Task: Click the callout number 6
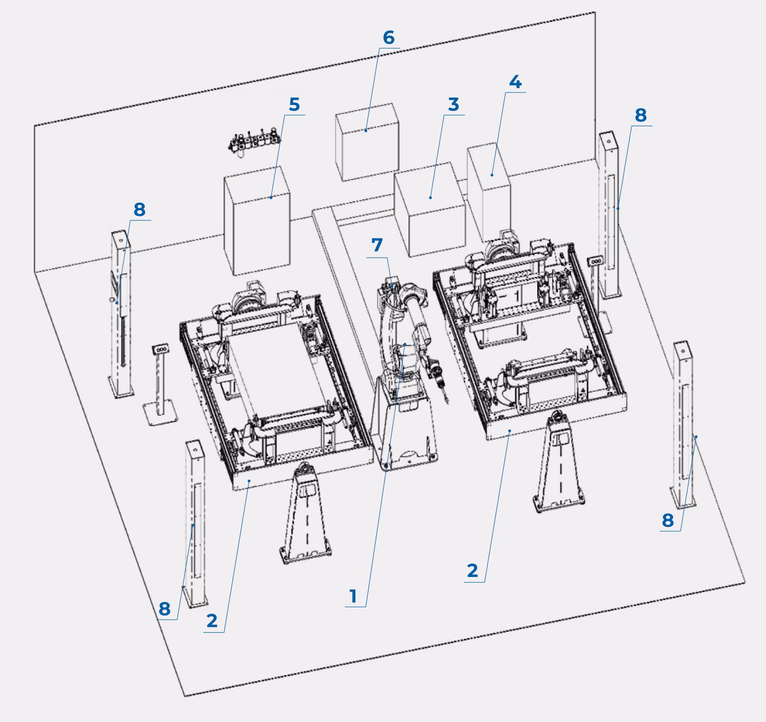pos(389,38)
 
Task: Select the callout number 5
pos(294,104)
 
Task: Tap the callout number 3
pos(453,104)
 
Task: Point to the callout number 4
pos(515,82)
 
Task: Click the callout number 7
pos(377,245)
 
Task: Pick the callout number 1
pos(353,596)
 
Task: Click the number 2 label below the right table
pos(472,571)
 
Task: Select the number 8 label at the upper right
pos(640,115)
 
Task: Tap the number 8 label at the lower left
pos(165,608)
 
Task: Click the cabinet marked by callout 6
pos(367,142)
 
